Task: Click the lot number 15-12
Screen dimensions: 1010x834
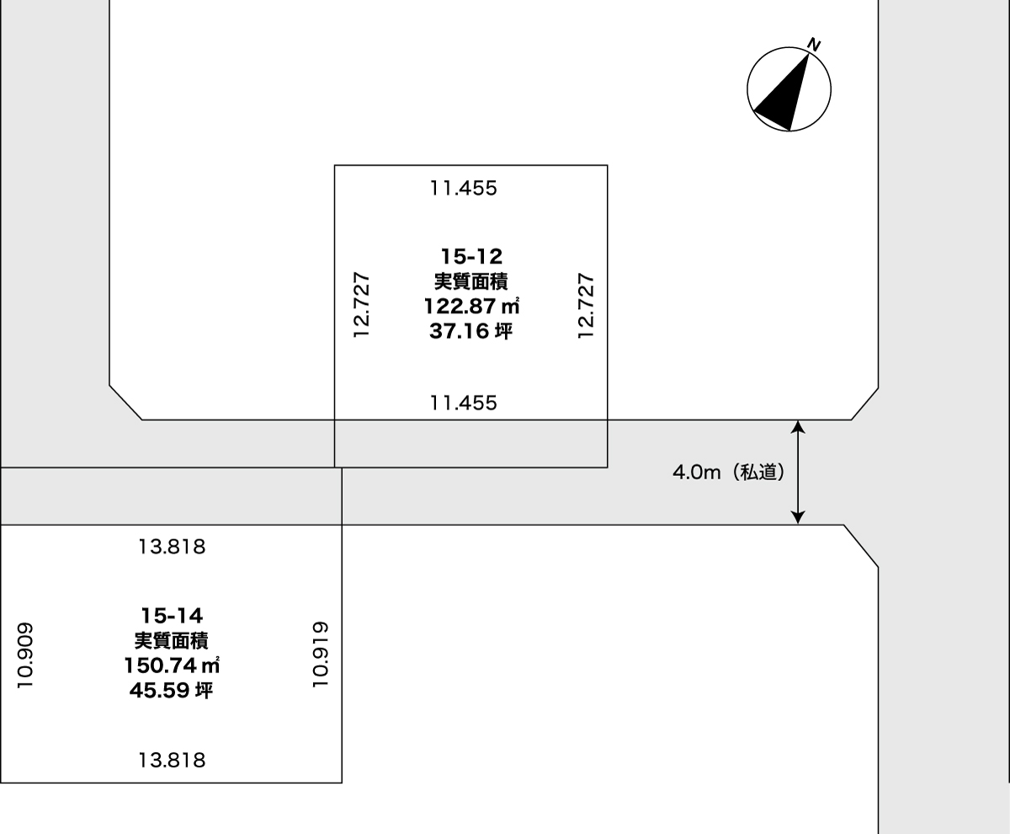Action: pyautogui.click(x=471, y=257)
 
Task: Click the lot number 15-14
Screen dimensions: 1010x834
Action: pyautogui.click(x=172, y=616)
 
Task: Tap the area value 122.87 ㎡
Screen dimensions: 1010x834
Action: pyautogui.click(x=471, y=306)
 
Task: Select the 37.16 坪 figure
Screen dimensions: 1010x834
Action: pyautogui.click(x=470, y=331)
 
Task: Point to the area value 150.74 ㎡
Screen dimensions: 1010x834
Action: pyautogui.click(x=172, y=666)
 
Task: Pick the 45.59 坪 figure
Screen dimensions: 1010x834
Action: pyautogui.click(x=171, y=691)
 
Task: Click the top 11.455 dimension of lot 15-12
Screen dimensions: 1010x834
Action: pyautogui.click(x=464, y=189)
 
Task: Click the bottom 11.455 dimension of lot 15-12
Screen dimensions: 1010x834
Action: pyautogui.click(x=464, y=403)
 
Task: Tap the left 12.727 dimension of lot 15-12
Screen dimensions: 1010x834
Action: pyautogui.click(x=361, y=305)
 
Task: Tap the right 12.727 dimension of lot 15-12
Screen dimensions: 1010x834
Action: pyautogui.click(x=586, y=306)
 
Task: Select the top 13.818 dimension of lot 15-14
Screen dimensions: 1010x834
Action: pyautogui.click(x=172, y=547)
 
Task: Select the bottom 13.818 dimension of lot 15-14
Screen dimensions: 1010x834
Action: pyautogui.click(x=172, y=761)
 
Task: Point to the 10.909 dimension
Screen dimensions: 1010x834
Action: pyautogui.click(x=24, y=655)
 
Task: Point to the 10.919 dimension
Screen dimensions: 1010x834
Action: pyautogui.click(x=320, y=655)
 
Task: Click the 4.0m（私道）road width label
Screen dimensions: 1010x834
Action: pyautogui.click(x=729, y=473)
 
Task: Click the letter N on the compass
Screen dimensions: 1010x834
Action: pyautogui.click(x=814, y=45)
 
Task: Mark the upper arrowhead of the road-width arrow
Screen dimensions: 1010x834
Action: pyautogui.click(x=798, y=426)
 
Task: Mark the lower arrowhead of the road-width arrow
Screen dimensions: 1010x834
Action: pyautogui.click(x=798, y=517)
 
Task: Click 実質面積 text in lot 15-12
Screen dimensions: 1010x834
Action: pyautogui.click(x=470, y=281)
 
